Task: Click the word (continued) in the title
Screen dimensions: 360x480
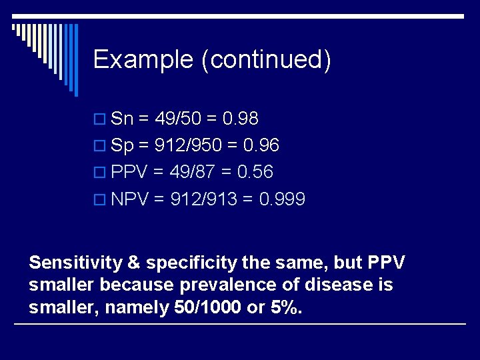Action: (267, 60)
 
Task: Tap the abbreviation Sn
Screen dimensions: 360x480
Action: (123, 119)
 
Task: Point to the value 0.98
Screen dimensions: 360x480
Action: (240, 119)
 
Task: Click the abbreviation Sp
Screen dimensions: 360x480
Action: (123, 145)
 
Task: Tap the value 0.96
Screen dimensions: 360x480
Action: (261, 145)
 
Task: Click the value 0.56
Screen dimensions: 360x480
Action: (255, 172)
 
